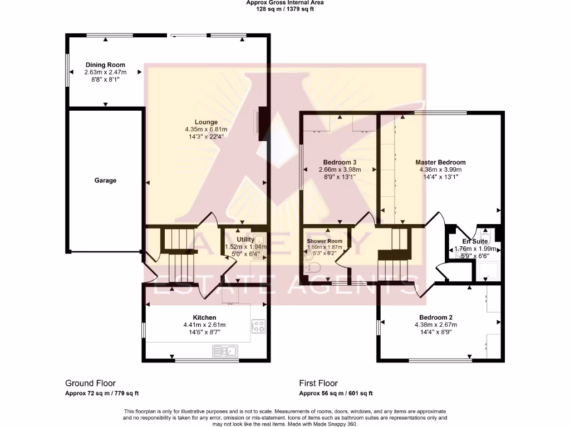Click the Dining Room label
[x=105, y=65]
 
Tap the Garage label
[x=105, y=180]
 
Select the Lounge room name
[x=206, y=122]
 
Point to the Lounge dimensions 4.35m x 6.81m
[x=206, y=130]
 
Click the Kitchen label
[x=204, y=317]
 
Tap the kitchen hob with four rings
[x=258, y=326]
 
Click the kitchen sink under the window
[x=225, y=351]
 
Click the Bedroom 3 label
[x=340, y=162]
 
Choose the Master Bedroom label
[x=440, y=162]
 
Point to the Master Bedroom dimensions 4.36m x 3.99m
[x=440, y=170]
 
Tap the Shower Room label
[x=325, y=241]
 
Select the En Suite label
[x=474, y=242]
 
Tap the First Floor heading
[x=318, y=383]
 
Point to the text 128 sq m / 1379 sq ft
[x=284, y=9]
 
